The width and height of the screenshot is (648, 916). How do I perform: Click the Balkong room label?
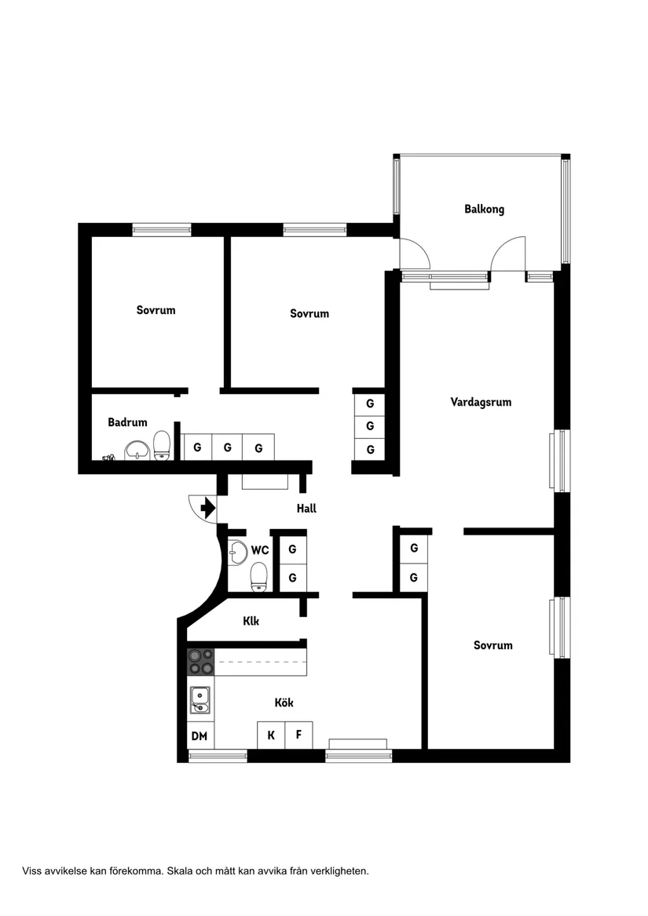pyautogui.click(x=484, y=210)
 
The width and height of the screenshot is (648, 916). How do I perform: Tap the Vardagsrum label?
pyautogui.click(x=481, y=402)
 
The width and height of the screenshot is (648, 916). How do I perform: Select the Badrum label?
pyautogui.click(x=127, y=422)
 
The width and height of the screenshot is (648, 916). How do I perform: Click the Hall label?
pyautogui.click(x=306, y=509)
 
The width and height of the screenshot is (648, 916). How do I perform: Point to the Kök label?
pyautogui.click(x=284, y=703)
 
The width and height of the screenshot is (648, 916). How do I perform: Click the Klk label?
pyautogui.click(x=251, y=621)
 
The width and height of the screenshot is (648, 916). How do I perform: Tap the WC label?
pyautogui.click(x=260, y=550)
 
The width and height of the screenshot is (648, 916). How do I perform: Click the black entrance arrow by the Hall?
pyautogui.click(x=208, y=509)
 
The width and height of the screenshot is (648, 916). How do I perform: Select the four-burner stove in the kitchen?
pyautogui.click(x=201, y=662)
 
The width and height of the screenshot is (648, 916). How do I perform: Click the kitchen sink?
pyautogui.click(x=200, y=699)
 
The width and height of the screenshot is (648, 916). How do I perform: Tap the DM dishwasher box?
pyautogui.click(x=200, y=735)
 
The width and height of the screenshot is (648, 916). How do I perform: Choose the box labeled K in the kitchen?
pyautogui.click(x=271, y=735)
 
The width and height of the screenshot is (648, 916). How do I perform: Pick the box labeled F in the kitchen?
pyautogui.click(x=298, y=735)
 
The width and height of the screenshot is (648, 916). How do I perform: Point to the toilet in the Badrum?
pyautogui.click(x=162, y=445)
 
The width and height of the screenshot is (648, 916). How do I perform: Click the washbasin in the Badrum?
pyautogui.click(x=137, y=449)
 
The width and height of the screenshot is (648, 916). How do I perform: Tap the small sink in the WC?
pyautogui.click(x=236, y=553)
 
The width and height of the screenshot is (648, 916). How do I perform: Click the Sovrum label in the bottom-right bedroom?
pyautogui.click(x=492, y=645)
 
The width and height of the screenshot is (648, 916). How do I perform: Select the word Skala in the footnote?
pyautogui.click(x=182, y=870)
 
